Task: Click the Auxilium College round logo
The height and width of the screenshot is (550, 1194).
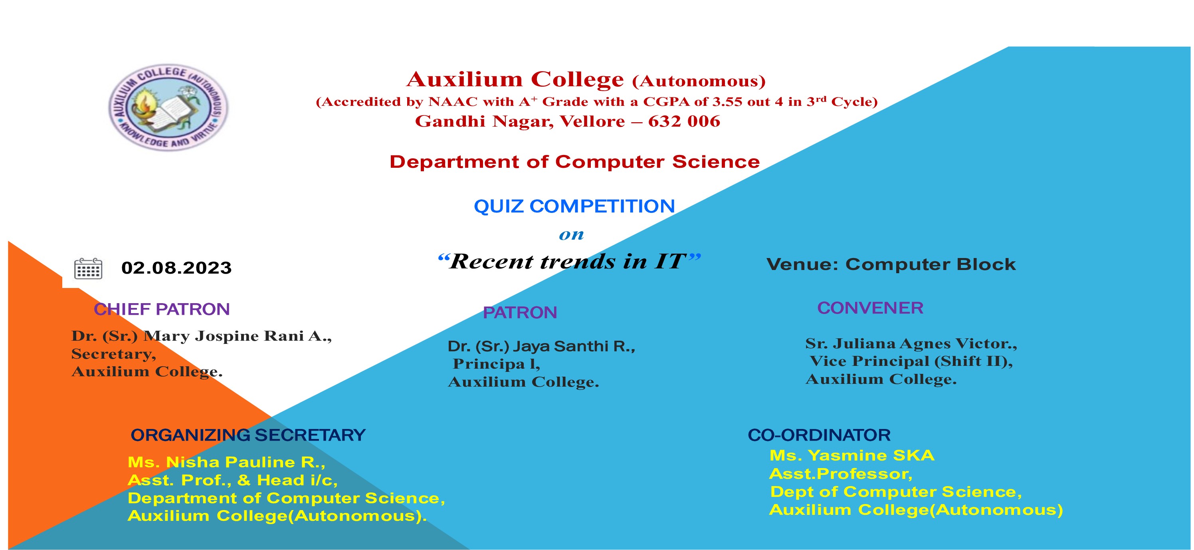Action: [168, 107]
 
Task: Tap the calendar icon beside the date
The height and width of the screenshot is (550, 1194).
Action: [88, 268]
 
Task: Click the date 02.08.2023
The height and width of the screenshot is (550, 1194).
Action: [176, 268]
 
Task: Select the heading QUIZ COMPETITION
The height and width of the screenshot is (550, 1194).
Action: [574, 206]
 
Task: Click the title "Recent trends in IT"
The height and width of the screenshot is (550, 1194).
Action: [569, 261]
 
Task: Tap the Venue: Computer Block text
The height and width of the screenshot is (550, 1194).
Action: [891, 264]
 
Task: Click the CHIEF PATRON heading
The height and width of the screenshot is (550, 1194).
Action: [162, 309]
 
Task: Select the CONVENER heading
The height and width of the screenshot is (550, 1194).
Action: [870, 308]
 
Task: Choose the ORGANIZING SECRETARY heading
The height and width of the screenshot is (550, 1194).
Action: [248, 435]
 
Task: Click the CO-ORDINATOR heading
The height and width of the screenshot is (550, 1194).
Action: [819, 435]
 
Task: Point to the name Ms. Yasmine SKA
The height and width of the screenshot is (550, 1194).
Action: [852, 455]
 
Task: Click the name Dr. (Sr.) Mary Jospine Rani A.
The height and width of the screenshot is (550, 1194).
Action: [202, 336]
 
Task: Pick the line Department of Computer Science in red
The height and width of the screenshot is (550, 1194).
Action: [575, 162]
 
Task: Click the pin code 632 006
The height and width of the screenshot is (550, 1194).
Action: [684, 121]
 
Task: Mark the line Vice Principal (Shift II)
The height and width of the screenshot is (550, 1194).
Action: [911, 361]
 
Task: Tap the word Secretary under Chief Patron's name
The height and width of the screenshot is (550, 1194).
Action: [113, 354]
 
